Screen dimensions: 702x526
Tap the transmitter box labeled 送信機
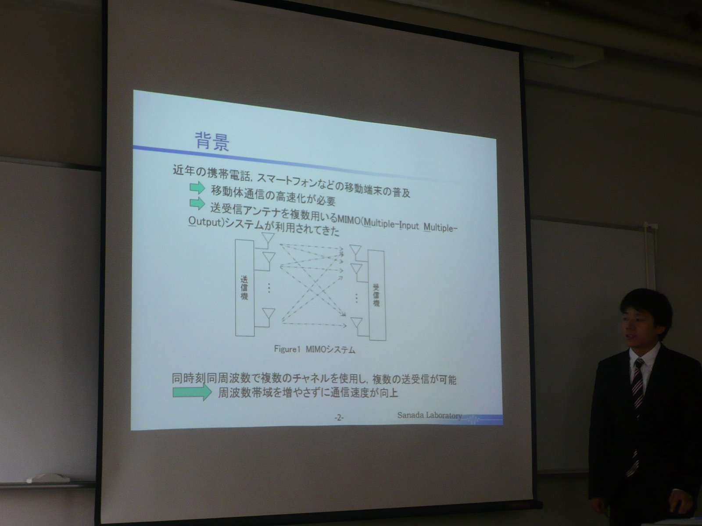coord(245,288)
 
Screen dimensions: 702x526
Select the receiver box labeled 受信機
coord(377,295)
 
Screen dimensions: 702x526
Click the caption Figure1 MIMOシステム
coord(315,349)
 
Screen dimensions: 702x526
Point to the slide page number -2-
coord(339,417)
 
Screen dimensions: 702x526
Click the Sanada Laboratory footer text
coord(430,416)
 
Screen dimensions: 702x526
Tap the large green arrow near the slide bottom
coord(192,392)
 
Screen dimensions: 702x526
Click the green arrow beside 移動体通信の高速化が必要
coord(197,188)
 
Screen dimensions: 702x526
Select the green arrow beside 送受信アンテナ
coord(197,203)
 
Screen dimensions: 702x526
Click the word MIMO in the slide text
coord(349,220)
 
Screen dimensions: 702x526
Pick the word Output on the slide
coord(205,221)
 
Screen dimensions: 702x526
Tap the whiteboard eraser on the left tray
coord(48,478)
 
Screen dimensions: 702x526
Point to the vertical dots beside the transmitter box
coord(269,288)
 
